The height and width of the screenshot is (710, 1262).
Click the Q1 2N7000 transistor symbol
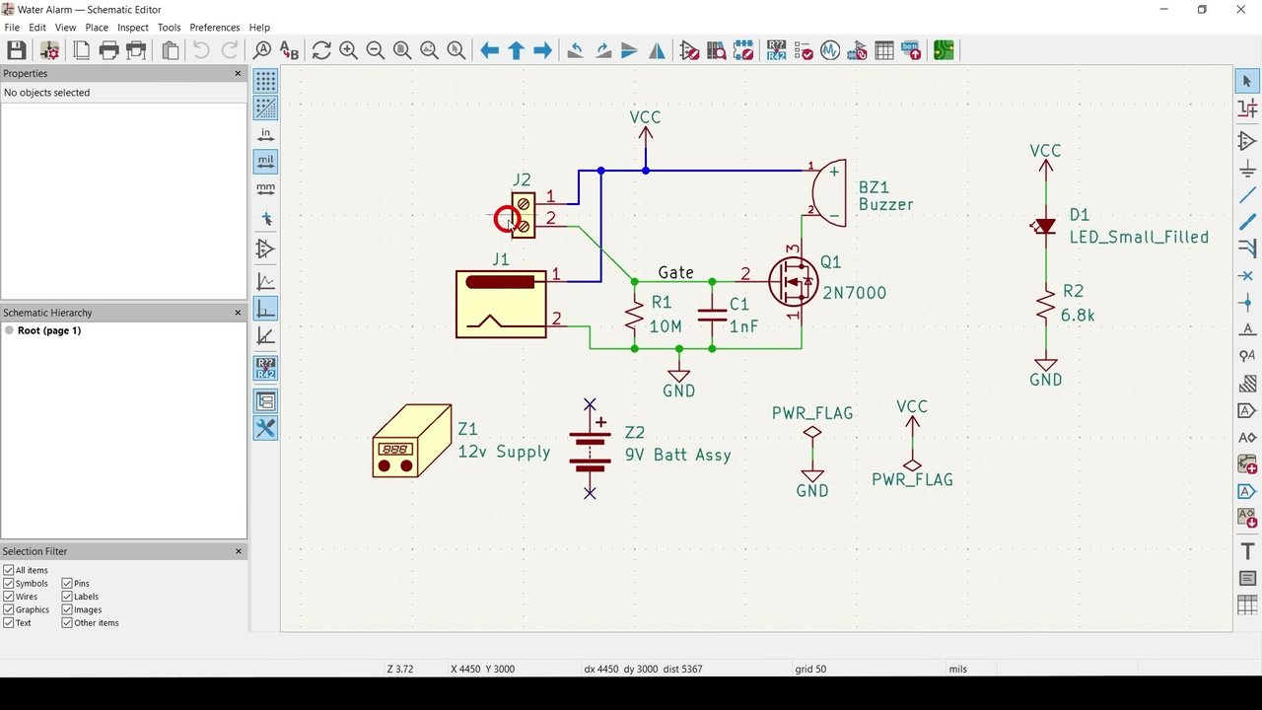pos(794,282)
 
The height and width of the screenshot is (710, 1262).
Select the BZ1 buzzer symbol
pos(828,192)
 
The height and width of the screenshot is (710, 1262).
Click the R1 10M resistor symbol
pos(634,315)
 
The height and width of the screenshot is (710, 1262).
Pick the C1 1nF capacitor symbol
pos(712,315)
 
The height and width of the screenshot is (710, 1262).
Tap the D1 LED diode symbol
pos(1045,227)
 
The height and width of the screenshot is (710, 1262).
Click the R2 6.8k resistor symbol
pos(1046,308)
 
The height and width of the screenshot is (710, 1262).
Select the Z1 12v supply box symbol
pos(412,441)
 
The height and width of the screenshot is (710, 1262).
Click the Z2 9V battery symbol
pos(590,449)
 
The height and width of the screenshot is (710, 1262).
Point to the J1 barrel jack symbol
pos(501,305)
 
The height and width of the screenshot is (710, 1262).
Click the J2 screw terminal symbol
pos(524,215)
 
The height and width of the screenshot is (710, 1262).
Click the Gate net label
pos(675,273)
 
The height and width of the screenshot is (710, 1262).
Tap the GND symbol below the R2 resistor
pos(1046,372)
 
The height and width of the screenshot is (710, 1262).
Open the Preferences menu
pos(215,27)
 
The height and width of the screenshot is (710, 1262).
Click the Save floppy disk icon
pos(17,50)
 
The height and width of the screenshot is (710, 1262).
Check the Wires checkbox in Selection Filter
pos(9,597)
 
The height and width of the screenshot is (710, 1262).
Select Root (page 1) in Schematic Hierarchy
pos(49,330)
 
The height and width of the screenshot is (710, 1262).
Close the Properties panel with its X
pos(238,73)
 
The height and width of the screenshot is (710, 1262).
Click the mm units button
pos(265,188)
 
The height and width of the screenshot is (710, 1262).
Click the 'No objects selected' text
pos(46,93)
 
